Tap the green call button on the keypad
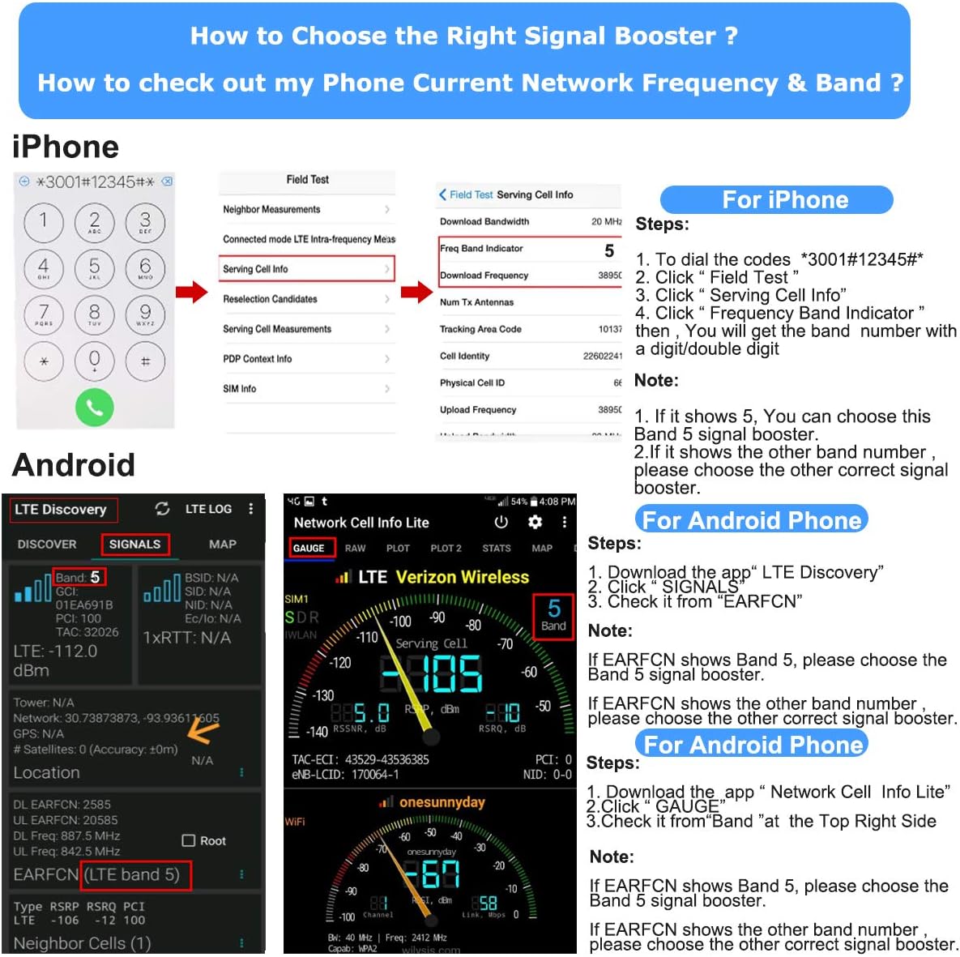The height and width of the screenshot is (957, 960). [94, 408]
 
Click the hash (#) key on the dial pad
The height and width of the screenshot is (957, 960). [145, 361]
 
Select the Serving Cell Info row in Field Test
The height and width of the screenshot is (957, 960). [306, 269]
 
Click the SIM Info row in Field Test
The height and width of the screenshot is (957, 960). [306, 389]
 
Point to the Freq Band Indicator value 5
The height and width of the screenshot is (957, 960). [609, 250]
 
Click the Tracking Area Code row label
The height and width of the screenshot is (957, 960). [480, 329]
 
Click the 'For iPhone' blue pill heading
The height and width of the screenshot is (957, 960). [776, 200]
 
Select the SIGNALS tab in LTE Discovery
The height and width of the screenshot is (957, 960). [134, 545]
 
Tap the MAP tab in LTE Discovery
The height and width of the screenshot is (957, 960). [222, 545]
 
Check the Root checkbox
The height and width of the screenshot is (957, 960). [189, 841]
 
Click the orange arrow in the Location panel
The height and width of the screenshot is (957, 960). [203, 730]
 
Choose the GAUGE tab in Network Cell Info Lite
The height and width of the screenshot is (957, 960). [309, 549]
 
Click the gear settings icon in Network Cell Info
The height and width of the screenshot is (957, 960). [535, 523]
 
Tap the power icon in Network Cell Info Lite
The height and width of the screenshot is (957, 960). [501, 523]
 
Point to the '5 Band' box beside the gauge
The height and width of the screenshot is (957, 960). [553, 616]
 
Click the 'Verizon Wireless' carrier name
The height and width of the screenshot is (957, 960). [462, 577]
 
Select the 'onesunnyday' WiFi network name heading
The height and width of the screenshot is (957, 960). [442, 802]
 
